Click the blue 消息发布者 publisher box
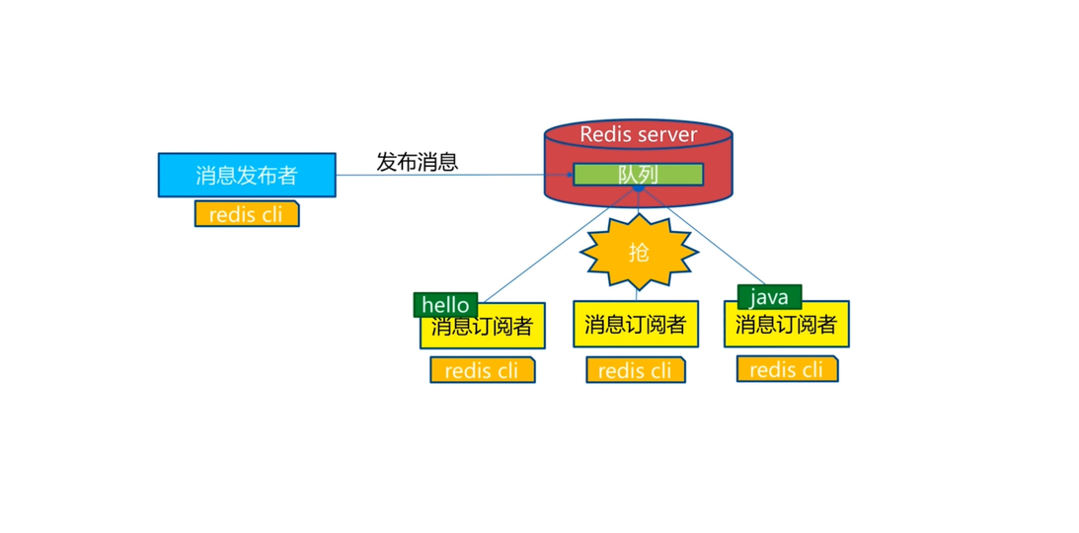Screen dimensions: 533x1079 [246, 175]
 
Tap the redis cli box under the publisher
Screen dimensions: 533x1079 [246, 214]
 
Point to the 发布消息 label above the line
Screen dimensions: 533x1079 [417, 162]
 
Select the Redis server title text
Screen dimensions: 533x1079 [638, 134]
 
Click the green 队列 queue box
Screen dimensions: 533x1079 [638, 175]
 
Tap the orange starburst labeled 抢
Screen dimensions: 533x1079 [639, 253]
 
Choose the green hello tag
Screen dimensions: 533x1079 [445, 305]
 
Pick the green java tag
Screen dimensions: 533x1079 [769, 297]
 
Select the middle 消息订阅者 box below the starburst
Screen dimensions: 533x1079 [635, 325]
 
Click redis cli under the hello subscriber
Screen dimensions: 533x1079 [482, 370]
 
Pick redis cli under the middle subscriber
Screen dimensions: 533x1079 [635, 370]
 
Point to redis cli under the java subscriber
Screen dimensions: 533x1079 [786, 369]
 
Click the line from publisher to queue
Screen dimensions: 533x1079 [454, 176]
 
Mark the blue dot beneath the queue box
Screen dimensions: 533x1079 [639, 187]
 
